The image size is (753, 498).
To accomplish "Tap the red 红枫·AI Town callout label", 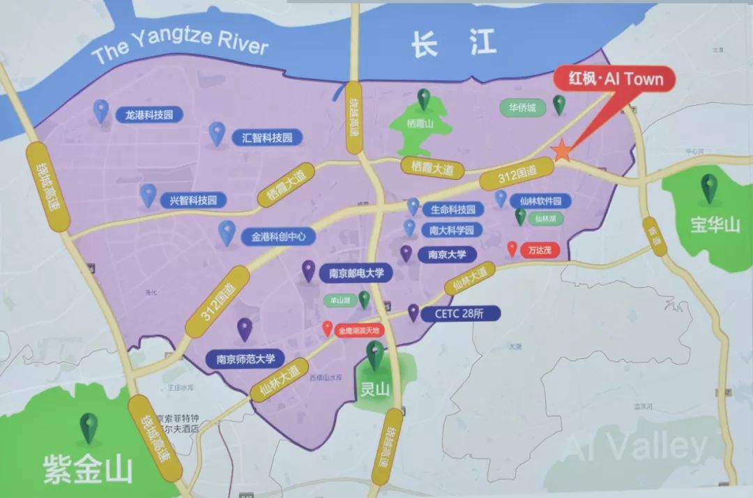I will (614, 79).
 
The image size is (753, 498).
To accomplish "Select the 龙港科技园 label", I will (149, 115).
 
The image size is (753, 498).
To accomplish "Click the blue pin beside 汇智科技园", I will (218, 133).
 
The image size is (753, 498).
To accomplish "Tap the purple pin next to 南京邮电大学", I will (308, 270).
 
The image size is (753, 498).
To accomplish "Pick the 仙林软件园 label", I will (541, 201).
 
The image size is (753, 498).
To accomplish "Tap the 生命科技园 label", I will (452, 210).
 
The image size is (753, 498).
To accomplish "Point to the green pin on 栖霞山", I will (424, 99).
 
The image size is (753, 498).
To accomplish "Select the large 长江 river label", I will (453, 44).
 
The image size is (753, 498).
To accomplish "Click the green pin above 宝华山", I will (710, 188).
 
